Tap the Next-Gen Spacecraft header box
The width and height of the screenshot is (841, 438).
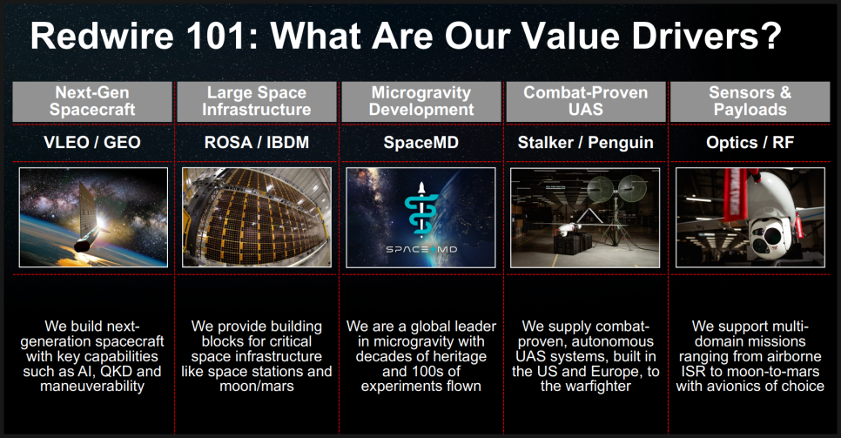coord(92,102)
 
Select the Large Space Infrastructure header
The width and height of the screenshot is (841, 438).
coord(256,102)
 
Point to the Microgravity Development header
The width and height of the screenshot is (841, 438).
coord(421,102)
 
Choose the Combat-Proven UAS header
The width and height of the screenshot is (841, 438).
coord(586,102)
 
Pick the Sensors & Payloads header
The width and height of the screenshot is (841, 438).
coord(750,102)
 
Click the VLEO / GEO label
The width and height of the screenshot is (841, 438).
coord(92,143)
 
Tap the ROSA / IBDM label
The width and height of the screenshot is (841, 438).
coord(256,143)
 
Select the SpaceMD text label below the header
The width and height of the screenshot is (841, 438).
coord(421,143)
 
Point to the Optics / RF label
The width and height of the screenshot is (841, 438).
coord(750,143)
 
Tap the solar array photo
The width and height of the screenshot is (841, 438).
coord(256,218)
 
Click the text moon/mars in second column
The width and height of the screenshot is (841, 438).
coord(256,387)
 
